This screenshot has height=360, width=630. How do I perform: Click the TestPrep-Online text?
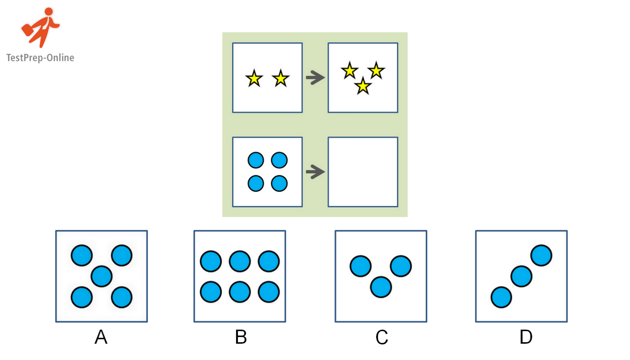pyautogui.click(x=40, y=58)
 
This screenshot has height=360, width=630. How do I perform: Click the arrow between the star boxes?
pyautogui.click(x=315, y=78)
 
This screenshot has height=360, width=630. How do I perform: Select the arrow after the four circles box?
pyautogui.click(x=315, y=172)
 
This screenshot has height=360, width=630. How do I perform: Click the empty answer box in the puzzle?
pyautogui.click(x=363, y=172)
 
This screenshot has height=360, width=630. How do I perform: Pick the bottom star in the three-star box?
pyautogui.click(x=363, y=86)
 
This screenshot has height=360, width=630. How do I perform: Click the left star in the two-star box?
pyautogui.click(x=254, y=79)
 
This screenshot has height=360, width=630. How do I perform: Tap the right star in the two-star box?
pyautogui.click(x=281, y=79)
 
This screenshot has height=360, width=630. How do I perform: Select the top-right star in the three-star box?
pyautogui.click(x=376, y=71)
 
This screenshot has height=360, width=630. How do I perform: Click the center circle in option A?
pyautogui.click(x=101, y=276)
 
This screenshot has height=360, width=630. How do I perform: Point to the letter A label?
pyautogui.click(x=101, y=337)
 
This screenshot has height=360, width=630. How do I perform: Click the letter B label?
pyautogui.click(x=241, y=337)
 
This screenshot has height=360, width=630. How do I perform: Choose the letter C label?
pyautogui.click(x=382, y=337)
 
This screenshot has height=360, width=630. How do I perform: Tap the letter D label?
pyautogui.click(x=526, y=337)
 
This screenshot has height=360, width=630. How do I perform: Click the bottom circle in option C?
pyautogui.click(x=381, y=287)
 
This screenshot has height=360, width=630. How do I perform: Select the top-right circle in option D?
pyautogui.click(x=541, y=255)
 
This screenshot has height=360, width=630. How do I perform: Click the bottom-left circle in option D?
pyautogui.click(x=501, y=297)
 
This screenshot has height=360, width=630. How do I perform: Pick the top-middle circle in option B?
pyautogui.click(x=240, y=261)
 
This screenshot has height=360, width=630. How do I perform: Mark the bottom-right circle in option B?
pyautogui.click(x=269, y=292)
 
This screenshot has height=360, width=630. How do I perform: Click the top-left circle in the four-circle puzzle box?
pyautogui.click(x=256, y=160)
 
